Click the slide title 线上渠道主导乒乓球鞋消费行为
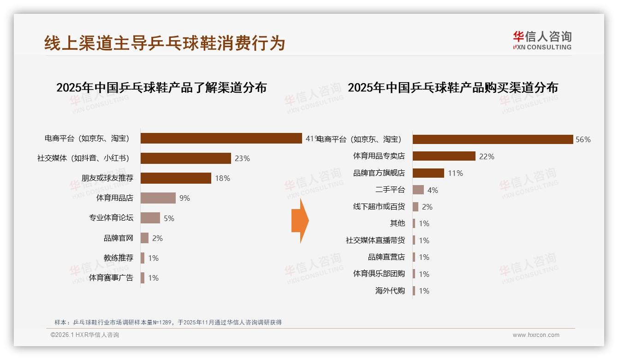[165, 43]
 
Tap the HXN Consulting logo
[542, 41]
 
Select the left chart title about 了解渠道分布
[161, 88]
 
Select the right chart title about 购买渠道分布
[452, 88]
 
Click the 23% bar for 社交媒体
[185, 158]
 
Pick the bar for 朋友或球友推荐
[176, 178]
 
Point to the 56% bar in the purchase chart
[493, 139]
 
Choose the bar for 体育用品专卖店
[444, 156]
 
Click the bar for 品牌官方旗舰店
[428, 173]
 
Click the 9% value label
[184, 198]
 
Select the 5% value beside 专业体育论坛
[169, 218]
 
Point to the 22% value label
[487, 156]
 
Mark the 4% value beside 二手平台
[433, 190]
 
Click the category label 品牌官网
[118, 238]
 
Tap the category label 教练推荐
[118, 258]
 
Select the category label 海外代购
[390, 291]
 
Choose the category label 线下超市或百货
[379, 207]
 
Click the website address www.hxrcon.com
[536, 335]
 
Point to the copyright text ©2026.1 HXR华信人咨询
[85, 335]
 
